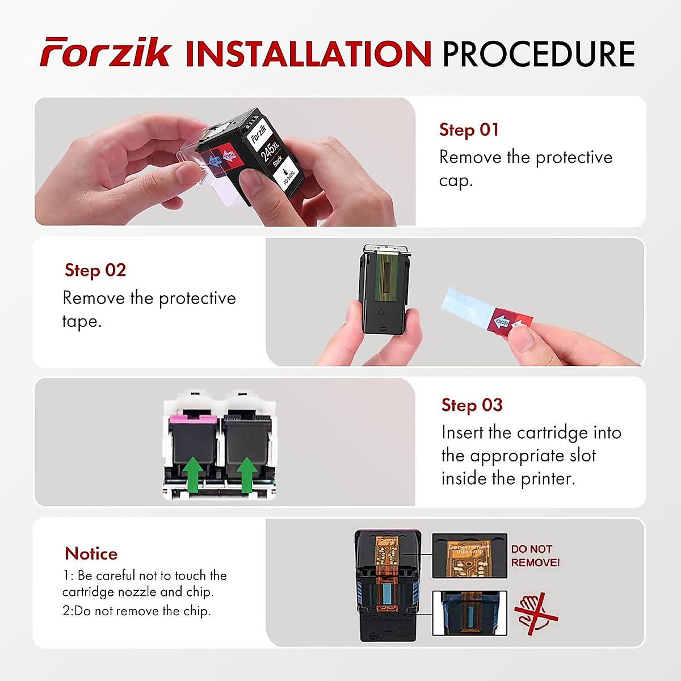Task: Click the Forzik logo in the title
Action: tap(105, 53)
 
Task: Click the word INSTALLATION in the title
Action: tap(309, 54)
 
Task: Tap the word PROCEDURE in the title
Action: tap(538, 54)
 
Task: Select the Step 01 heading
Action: tap(469, 130)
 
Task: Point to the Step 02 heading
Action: tap(95, 270)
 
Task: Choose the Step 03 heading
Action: tap(472, 405)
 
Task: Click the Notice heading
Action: tap(91, 553)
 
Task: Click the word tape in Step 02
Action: tap(81, 322)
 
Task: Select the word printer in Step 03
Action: tap(547, 478)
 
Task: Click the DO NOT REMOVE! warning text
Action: tap(535, 556)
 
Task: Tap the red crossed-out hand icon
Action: tap(535, 613)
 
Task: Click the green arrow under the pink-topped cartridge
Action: tap(194, 474)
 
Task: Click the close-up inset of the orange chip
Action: tap(469, 556)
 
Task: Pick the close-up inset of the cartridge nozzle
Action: tap(469, 613)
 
